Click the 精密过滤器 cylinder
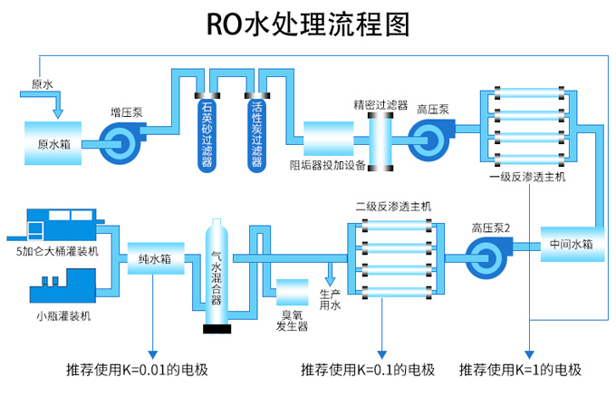pyautogui.click(x=380, y=140)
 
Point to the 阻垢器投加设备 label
pyautogui.click(x=327, y=166)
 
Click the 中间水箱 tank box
pyautogui.click(x=571, y=245)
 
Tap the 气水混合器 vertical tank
pyautogui.click(x=217, y=272)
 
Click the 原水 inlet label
pyautogui.click(x=43, y=84)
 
